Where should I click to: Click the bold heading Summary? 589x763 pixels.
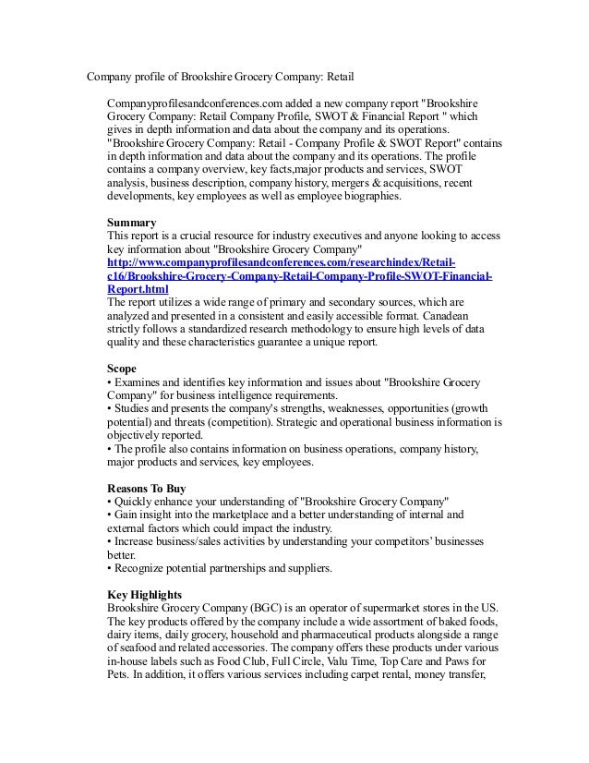132,223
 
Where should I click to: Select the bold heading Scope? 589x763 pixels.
122,369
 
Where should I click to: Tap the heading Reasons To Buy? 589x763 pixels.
151,488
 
